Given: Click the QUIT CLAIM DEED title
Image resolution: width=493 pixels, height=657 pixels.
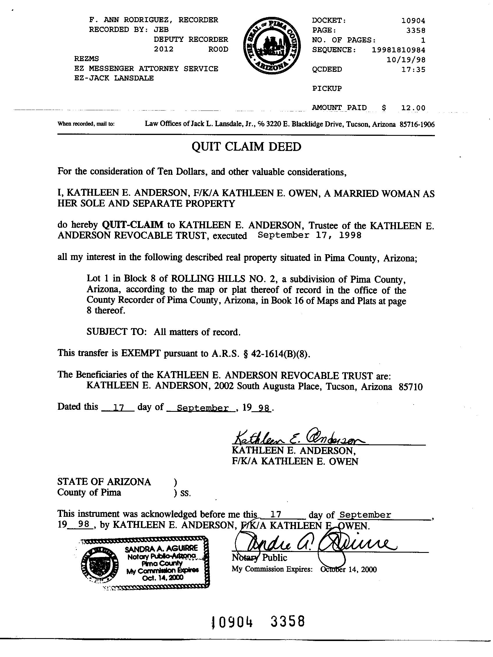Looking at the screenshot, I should [x=246, y=147].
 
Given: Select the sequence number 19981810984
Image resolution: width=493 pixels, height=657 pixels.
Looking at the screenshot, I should [x=398, y=50].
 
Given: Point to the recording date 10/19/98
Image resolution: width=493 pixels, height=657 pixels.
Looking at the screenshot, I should [x=406, y=60].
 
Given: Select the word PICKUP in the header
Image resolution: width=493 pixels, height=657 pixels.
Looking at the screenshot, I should [x=327, y=88].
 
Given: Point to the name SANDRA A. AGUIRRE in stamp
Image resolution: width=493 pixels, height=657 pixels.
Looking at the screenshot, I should [x=161, y=549].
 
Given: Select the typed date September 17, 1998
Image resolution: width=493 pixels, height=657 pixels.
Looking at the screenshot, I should [x=310, y=235].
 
